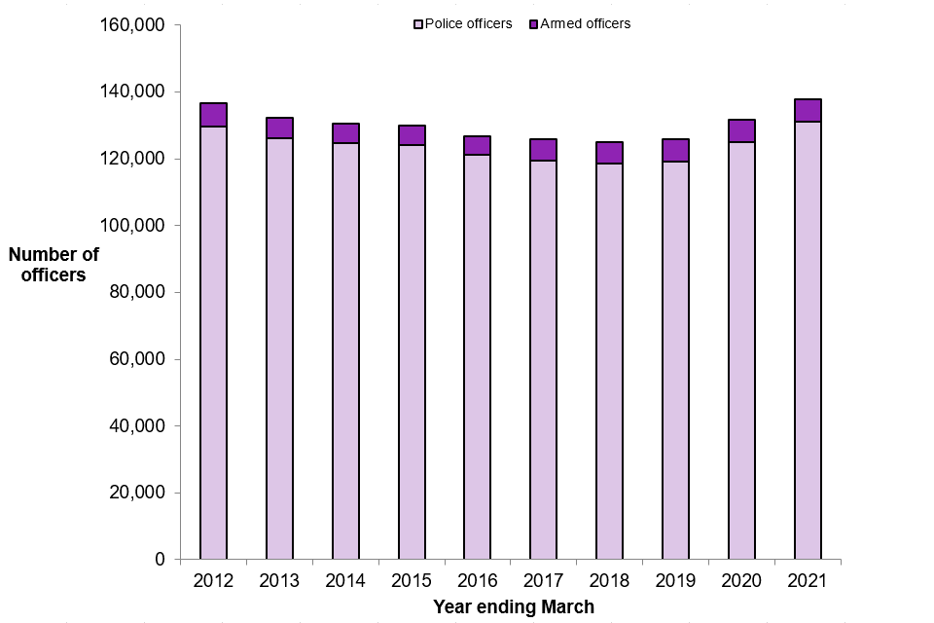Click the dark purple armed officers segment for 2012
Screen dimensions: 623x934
tap(213, 115)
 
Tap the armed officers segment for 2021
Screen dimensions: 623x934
tap(808, 110)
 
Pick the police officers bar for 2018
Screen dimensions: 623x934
tap(609, 361)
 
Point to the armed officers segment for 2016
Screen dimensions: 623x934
tap(477, 145)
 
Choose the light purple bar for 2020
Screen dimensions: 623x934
tap(741, 350)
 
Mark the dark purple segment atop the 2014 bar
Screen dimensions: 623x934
tap(345, 133)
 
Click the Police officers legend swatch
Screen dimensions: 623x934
tap(419, 24)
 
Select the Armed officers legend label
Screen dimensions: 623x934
tap(586, 23)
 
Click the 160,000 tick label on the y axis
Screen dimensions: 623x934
tap(134, 24)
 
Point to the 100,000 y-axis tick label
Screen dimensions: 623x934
tap(134, 225)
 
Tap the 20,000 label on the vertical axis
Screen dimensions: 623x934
tap(138, 493)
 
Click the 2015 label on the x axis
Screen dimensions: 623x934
tap(412, 581)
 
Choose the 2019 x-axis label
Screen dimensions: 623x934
tap(675, 581)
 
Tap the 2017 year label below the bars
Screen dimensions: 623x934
tap(543, 581)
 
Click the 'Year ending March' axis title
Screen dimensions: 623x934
tap(513, 606)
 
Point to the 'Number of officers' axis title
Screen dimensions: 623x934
tap(54, 265)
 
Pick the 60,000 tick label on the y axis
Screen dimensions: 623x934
tap(138, 359)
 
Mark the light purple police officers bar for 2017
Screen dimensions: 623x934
tap(543, 360)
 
